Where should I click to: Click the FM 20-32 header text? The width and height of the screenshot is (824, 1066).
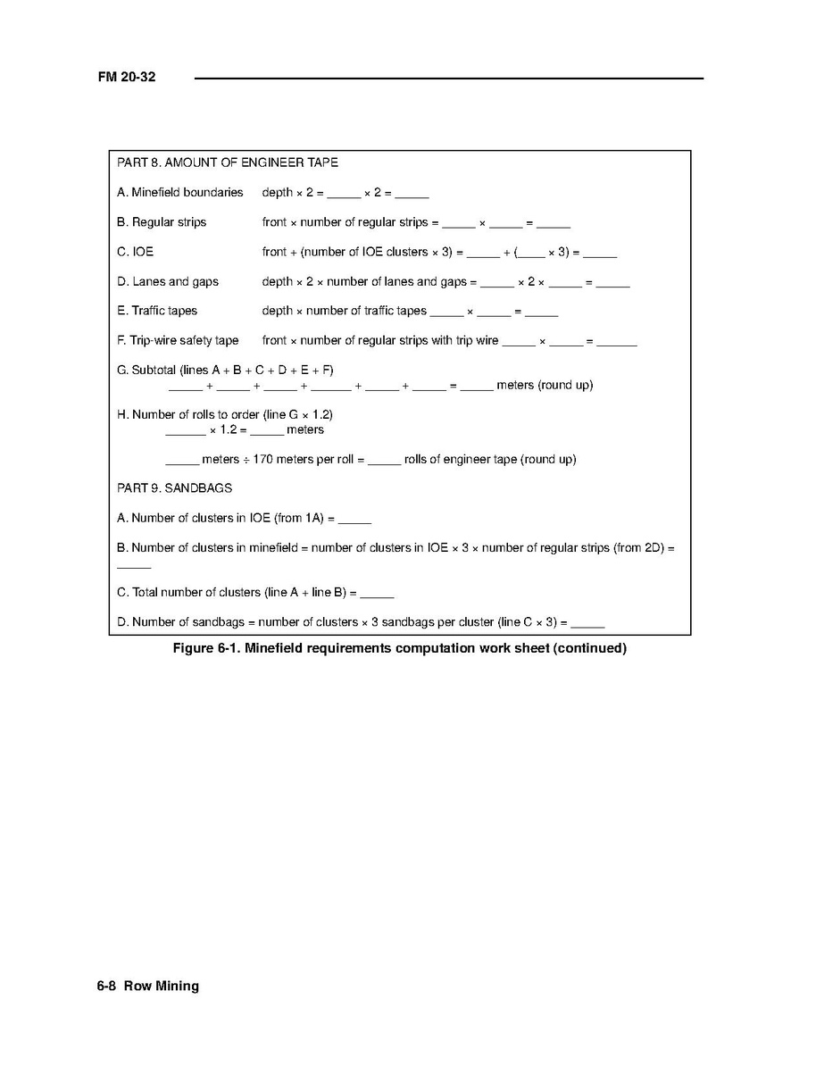point(127,78)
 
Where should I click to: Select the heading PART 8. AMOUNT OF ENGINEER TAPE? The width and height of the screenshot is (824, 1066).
point(228,163)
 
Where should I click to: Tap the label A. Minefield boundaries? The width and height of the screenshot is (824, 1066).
point(179,193)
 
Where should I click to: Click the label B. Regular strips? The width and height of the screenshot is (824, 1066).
point(162,222)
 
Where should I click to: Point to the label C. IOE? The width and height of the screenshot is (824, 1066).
point(136,252)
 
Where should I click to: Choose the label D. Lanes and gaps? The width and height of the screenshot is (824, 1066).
point(168,282)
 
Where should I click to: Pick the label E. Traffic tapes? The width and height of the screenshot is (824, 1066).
point(157,312)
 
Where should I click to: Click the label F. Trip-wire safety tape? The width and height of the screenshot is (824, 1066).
point(178,341)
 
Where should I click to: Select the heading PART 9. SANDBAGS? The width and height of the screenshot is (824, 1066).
point(175,489)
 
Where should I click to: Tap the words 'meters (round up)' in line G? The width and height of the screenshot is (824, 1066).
point(545,386)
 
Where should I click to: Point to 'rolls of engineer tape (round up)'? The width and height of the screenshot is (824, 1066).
point(490,460)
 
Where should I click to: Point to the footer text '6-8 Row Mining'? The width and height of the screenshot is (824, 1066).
point(148,987)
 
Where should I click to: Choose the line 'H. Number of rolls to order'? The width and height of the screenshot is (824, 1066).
point(225,415)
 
